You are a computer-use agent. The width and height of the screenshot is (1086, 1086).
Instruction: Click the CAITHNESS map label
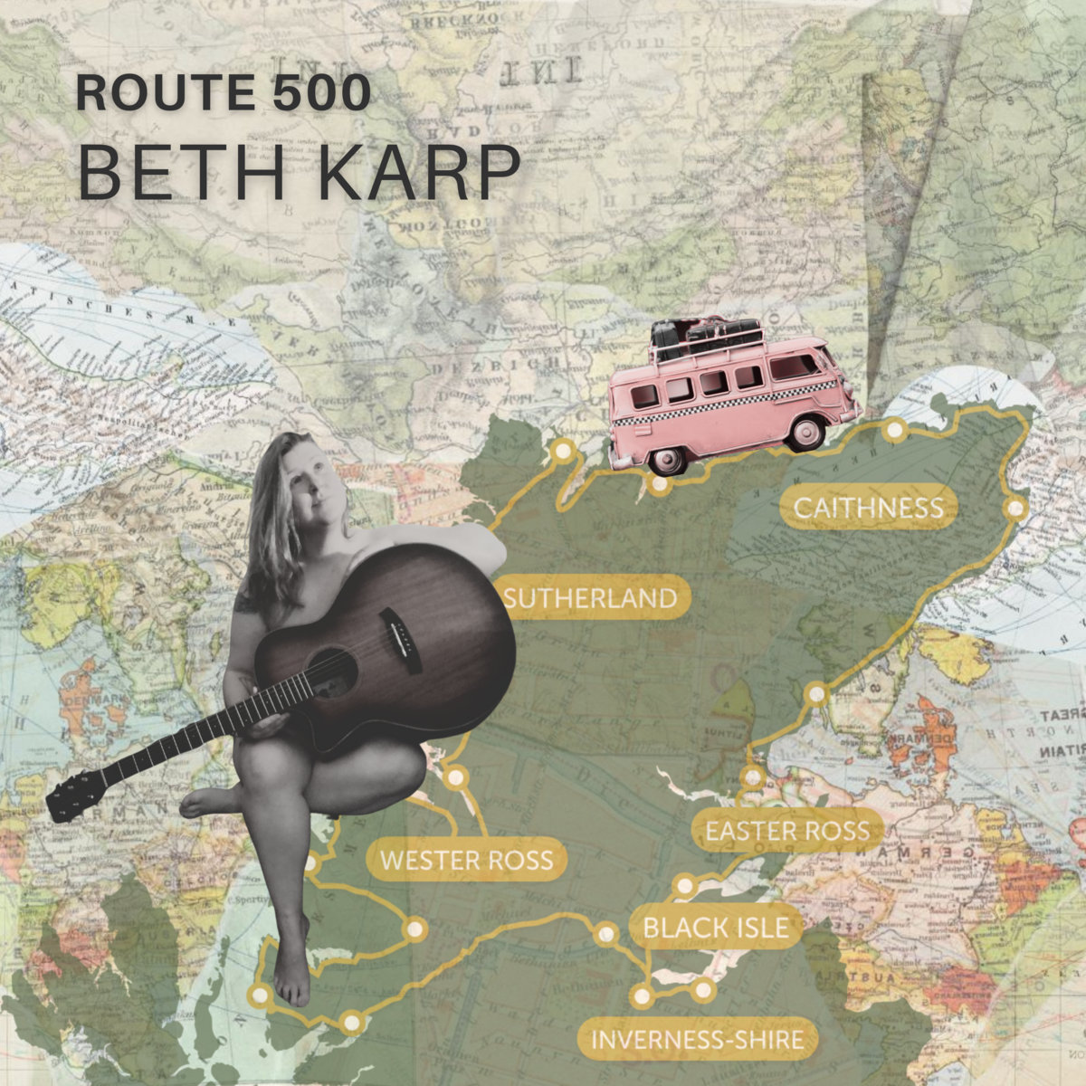pyautogui.click(x=868, y=508)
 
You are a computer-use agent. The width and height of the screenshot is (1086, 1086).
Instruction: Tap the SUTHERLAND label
pyautogui.click(x=590, y=598)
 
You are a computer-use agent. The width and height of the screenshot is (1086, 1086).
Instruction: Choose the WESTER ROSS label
pyautogui.click(x=466, y=859)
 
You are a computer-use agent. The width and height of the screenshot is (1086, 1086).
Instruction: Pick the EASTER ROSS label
pyautogui.click(x=787, y=831)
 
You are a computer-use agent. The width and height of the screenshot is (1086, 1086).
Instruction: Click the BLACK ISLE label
pyautogui.click(x=709, y=928)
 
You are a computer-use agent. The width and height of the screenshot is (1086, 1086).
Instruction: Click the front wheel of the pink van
pyautogui.click(x=805, y=432)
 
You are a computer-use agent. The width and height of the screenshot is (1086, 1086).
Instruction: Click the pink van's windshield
pyautogui.click(x=795, y=366)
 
